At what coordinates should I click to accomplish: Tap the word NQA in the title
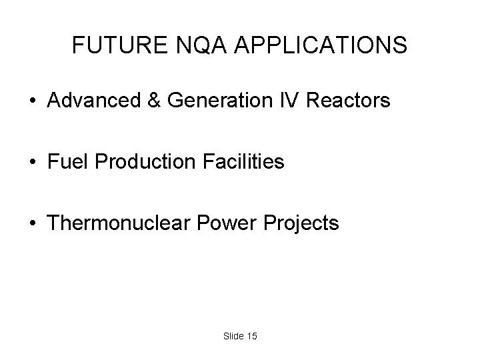[x=195, y=45]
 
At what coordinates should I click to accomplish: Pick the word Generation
[x=221, y=101]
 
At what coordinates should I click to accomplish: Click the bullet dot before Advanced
[x=31, y=102]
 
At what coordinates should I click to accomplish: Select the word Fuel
[x=65, y=162]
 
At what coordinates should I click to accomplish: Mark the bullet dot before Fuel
[x=31, y=163]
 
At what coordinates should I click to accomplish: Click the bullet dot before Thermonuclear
[x=31, y=223]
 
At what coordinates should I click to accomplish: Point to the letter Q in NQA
[x=195, y=45]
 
